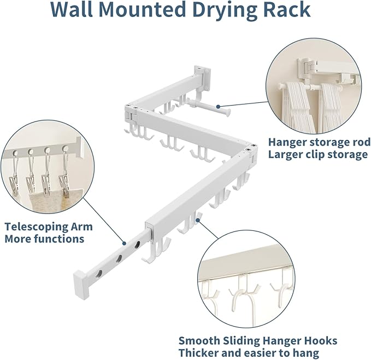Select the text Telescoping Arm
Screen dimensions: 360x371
point(48,227)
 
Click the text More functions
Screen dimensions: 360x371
point(44,239)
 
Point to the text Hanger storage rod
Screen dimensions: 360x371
point(319,142)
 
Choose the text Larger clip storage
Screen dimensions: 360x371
point(317,155)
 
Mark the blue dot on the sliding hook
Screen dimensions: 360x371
point(202,221)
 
